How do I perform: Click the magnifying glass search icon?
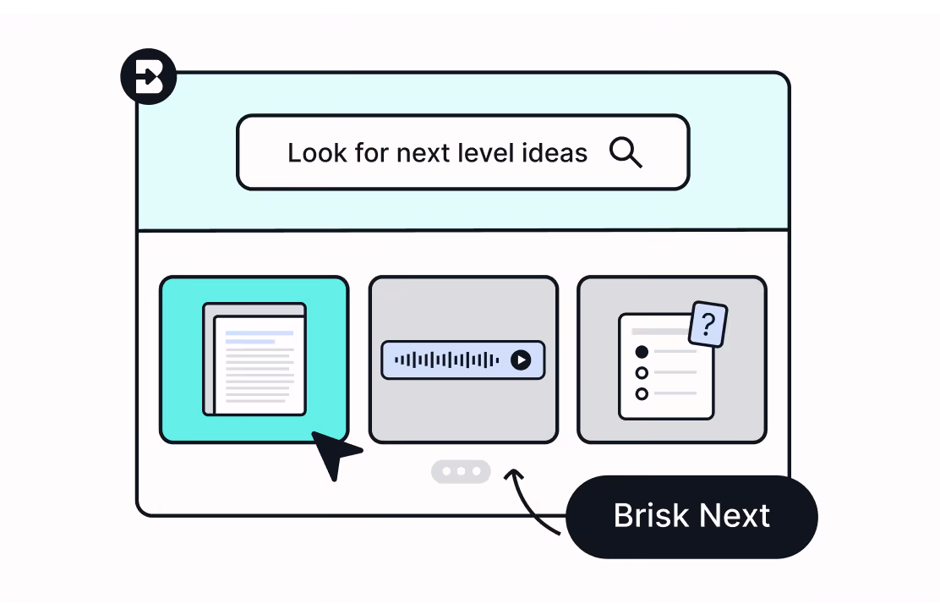tap(626, 153)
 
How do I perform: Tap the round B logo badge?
tap(148, 77)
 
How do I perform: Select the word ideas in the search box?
tap(555, 153)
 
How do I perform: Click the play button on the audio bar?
tap(522, 360)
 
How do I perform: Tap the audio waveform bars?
tap(446, 360)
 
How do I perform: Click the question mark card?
tap(708, 324)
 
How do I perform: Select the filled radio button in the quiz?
tap(642, 352)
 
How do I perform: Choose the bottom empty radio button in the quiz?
tap(642, 393)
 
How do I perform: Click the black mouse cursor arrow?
tap(333, 453)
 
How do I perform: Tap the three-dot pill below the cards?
tap(461, 471)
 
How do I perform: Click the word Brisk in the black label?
tap(648, 516)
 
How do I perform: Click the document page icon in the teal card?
tap(255, 360)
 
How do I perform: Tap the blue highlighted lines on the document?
tap(258, 337)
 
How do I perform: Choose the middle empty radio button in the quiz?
tap(642, 373)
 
